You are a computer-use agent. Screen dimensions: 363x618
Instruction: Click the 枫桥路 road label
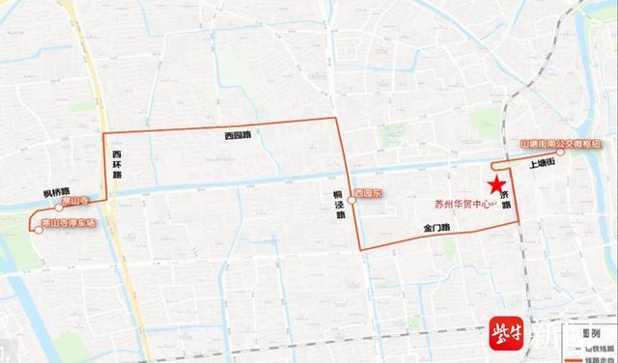[58, 192]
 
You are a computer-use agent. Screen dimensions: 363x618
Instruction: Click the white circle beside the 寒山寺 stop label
[59, 207]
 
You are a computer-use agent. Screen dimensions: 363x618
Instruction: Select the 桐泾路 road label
[341, 205]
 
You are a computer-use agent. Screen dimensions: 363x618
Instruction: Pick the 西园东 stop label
[370, 194]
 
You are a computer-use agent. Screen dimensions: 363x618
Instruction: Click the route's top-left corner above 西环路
[104, 129]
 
